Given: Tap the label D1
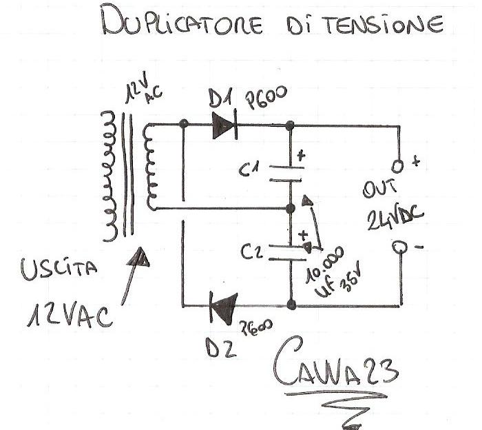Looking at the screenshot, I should click(222, 101).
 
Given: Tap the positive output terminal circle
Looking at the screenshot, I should click(397, 167).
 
